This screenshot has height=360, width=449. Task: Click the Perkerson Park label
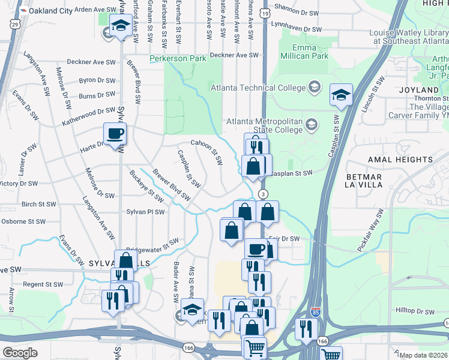[x=178, y=58]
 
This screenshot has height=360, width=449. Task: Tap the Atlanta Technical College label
[x=258, y=88]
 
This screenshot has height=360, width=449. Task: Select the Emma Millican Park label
[x=310, y=52]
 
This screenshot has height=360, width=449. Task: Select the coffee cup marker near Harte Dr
[x=115, y=134]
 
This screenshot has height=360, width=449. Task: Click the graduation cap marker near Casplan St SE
[x=341, y=95]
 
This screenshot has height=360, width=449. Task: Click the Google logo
[x=20, y=352]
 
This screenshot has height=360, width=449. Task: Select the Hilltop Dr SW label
[x=415, y=311]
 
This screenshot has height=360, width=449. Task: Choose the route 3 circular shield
[x=262, y=194]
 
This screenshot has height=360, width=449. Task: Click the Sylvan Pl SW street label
[x=146, y=212]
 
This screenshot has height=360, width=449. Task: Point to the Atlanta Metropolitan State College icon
[x=312, y=125]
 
